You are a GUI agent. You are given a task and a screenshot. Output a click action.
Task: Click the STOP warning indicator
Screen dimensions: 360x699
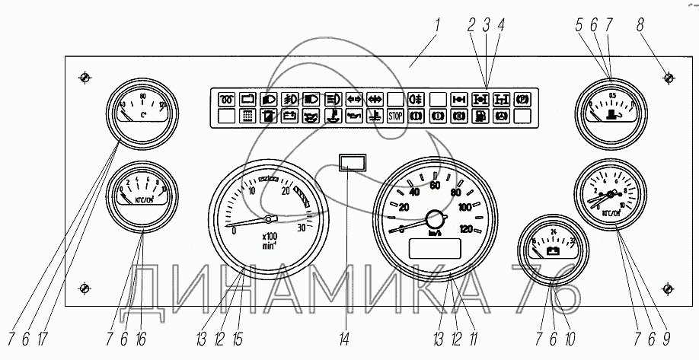pyautogui.click(x=395, y=116)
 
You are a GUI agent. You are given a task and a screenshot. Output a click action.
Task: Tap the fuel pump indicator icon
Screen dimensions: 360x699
pyautogui.click(x=480, y=116)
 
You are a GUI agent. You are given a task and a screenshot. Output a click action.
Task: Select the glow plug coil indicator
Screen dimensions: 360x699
pyautogui.click(x=227, y=98)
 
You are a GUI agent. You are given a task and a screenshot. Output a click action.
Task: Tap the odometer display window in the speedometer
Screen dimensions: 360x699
pyautogui.click(x=435, y=248)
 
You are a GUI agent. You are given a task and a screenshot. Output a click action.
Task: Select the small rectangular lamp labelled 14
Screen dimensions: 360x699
pyautogui.click(x=353, y=161)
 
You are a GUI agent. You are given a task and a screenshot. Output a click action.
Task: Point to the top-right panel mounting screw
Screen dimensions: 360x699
pyautogui.click(x=668, y=78)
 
